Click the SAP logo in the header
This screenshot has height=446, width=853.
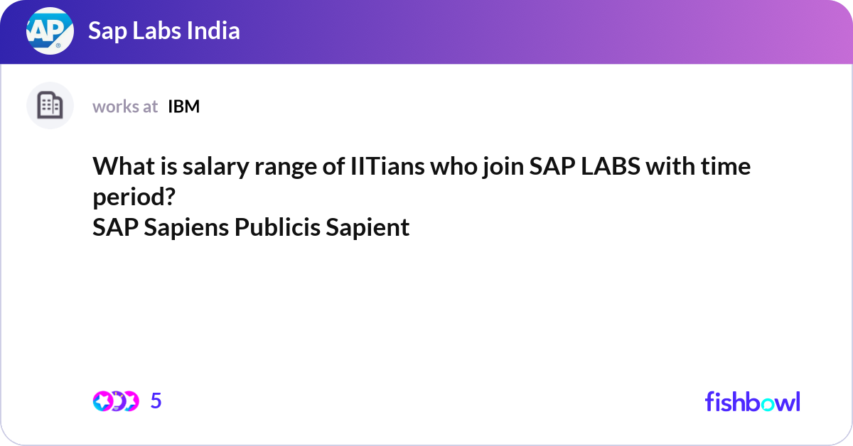(50, 31)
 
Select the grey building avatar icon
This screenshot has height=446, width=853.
(50, 106)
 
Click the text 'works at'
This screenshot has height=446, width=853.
(125, 107)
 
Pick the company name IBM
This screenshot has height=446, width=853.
(183, 107)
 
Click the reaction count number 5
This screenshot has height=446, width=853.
(156, 401)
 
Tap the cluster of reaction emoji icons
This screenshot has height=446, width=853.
(115, 401)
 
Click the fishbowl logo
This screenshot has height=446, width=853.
(752, 401)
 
